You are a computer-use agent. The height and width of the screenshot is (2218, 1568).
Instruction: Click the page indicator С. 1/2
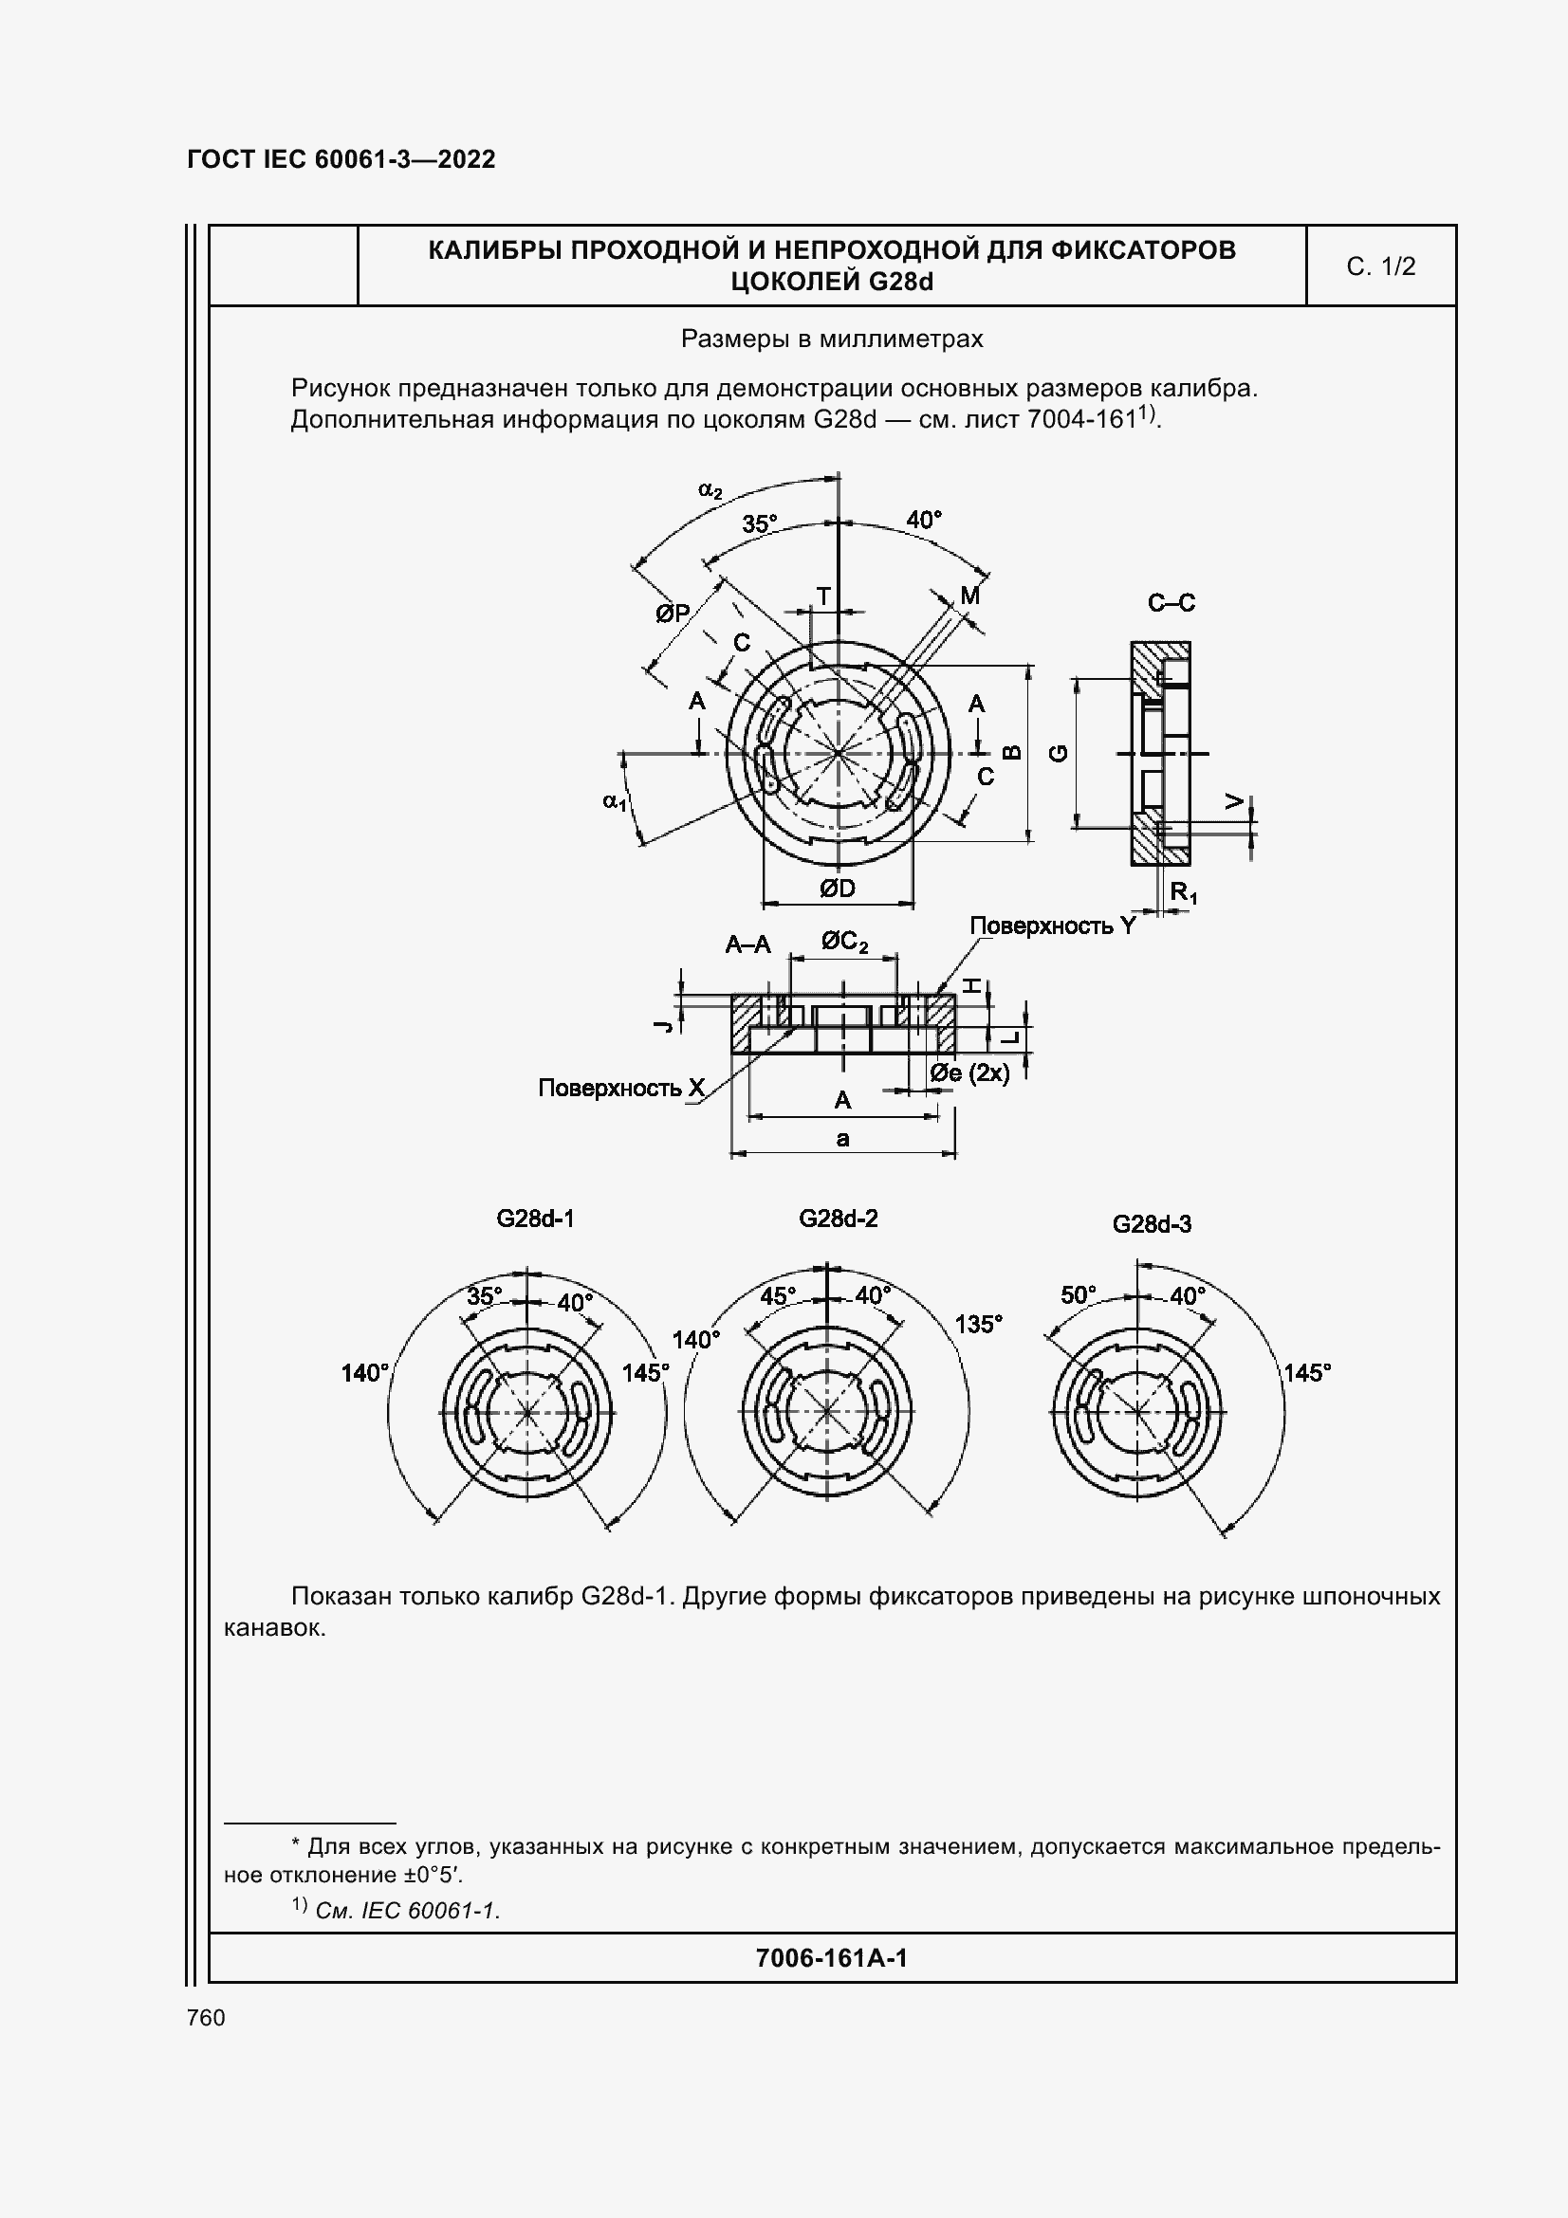point(1380,266)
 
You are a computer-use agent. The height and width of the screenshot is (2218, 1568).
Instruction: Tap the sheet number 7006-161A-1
point(831,1958)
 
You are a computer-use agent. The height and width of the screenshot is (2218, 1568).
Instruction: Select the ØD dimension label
point(837,889)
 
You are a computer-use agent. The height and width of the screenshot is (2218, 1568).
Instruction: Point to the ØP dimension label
point(673,614)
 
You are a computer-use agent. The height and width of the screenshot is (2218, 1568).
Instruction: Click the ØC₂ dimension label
point(844,941)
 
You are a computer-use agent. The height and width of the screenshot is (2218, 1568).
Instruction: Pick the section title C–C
point(1171,604)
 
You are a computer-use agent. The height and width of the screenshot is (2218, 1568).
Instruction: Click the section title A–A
point(747,944)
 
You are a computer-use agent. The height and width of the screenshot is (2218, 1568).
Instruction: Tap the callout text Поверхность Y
point(1052,926)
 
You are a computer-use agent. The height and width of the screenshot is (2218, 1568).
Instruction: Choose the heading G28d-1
point(535,1219)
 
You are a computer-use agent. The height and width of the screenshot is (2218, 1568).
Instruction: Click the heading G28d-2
point(838,1219)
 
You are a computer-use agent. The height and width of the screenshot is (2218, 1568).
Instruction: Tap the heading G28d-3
point(1152,1225)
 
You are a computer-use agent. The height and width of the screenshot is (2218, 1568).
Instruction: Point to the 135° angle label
point(979,1325)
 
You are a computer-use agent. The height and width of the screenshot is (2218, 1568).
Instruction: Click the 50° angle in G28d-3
point(1079,1295)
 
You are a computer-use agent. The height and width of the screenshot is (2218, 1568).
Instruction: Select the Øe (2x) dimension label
point(969,1073)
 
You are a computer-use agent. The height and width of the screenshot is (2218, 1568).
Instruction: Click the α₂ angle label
point(710,489)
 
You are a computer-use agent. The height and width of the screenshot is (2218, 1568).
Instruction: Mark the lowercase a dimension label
point(842,1139)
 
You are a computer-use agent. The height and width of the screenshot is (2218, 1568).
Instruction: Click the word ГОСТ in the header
point(220,159)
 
